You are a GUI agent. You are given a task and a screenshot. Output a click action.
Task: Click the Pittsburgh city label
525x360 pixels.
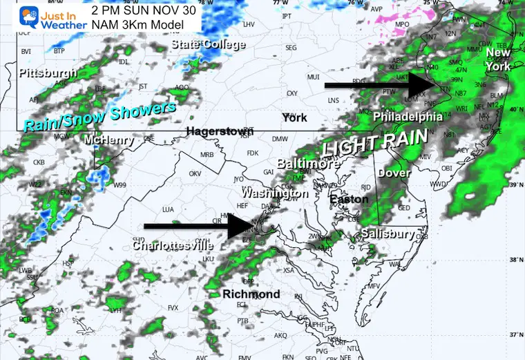[x=48, y=73]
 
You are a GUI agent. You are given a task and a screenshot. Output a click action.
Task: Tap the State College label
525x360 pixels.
[x=208, y=45]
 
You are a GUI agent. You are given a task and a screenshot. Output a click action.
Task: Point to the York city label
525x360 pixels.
[x=294, y=117]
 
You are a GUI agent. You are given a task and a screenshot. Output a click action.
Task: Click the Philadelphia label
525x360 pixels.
[x=408, y=117]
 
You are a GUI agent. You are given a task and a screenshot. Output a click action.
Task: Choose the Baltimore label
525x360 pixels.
[x=308, y=164]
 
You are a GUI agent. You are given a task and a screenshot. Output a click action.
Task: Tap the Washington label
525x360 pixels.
[x=275, y=193]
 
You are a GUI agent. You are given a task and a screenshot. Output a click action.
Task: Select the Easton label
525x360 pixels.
[x=344, y=200]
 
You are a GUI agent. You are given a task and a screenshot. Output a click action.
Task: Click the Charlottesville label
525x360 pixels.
[x=173, y=245]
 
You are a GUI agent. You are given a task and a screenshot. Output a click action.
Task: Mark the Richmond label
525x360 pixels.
[x=251, y=294]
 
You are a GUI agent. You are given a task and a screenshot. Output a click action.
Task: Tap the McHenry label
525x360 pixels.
[x=104, y=140]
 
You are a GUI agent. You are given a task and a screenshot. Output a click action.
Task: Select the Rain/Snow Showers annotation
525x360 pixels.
[x=99, y=116]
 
